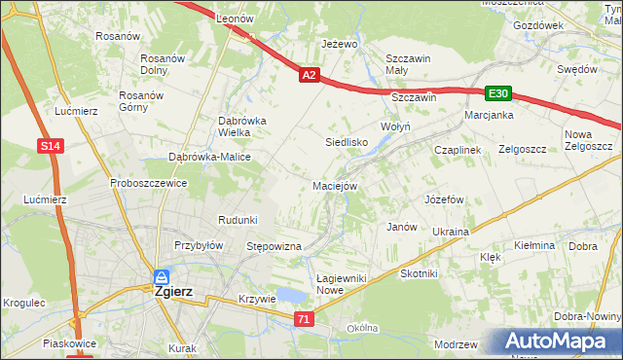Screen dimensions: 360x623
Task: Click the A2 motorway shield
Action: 309,74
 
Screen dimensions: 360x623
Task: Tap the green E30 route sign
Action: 498,93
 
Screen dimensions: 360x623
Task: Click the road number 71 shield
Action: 306,319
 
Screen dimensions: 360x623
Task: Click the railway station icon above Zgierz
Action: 162,276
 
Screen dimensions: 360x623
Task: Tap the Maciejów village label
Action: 336,185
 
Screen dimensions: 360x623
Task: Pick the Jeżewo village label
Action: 341,45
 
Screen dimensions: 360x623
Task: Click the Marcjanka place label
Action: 489,114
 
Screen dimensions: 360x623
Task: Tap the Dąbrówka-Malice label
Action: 210,157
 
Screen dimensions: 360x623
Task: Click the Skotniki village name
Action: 420,273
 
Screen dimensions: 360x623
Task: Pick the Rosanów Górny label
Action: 139,101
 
